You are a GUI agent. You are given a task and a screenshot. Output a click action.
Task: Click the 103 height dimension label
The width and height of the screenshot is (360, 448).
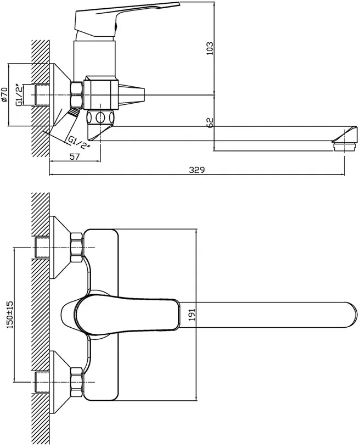point(210,48)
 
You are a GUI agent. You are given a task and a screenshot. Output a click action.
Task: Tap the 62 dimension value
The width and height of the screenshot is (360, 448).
point(210,122)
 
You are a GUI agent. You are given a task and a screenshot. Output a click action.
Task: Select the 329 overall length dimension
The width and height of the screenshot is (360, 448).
point(197,170)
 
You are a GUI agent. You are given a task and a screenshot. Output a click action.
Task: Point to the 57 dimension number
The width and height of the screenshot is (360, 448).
point(74,156)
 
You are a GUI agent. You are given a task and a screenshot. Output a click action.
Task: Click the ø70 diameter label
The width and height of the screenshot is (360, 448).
point(4,94)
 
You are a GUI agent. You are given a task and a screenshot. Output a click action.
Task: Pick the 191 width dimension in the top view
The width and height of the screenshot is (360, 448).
point(192,314)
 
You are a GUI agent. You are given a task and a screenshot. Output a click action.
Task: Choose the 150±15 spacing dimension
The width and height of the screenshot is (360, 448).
point(9,314)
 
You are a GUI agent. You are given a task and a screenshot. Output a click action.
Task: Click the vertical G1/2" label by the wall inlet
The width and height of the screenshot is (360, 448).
point(19,95)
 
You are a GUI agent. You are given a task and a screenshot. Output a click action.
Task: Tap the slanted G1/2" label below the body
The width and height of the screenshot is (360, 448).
point(79,143)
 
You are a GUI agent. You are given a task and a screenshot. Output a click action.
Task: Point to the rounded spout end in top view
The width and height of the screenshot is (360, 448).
point(351,314)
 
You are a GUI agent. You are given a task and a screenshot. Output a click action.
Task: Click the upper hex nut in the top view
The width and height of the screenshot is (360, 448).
point(76,248)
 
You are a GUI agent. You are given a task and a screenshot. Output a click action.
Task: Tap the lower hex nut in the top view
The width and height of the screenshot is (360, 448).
point(76,382)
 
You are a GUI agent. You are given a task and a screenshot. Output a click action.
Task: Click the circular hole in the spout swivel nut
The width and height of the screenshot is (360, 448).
point(100,117)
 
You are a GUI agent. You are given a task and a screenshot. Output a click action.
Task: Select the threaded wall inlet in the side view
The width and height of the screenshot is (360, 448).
point(42,95)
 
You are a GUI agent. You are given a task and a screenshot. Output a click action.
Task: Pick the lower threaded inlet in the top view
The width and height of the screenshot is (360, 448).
point(42,382)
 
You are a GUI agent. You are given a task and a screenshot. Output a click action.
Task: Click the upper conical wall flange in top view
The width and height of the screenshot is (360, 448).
point(60,248)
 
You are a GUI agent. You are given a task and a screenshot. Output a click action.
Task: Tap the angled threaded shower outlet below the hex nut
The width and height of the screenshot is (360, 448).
point(75,111)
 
